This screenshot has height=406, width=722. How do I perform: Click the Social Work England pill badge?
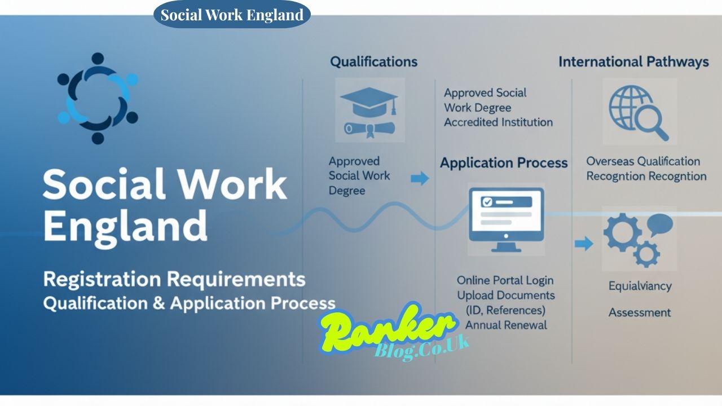(232, 15)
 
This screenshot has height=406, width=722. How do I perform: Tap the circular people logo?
(98, 99)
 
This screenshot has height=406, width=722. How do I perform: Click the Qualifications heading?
(373, 61)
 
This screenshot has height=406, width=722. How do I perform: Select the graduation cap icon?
(369, 110)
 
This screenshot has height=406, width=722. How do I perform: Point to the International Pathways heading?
(633, 62)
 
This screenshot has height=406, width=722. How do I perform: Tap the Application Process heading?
(504, 163)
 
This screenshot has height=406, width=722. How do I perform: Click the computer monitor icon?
(506, 220)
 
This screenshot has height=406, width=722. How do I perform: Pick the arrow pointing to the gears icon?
(584, 244)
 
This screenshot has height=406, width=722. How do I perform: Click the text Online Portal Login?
(505, 280)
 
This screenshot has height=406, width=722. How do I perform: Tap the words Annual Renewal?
(506, 325)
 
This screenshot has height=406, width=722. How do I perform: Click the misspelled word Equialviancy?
(640, 286)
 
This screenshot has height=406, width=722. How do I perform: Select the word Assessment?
(640, 312)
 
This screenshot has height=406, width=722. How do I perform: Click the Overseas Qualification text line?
(642, 161)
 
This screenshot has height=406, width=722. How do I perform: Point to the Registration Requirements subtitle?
(174, 279)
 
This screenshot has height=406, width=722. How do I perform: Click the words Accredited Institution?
(498, 122)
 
